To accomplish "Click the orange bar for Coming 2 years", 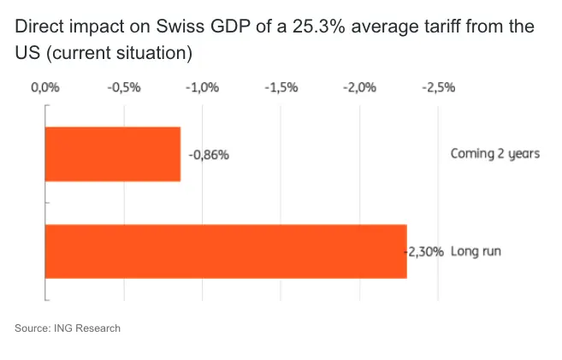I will pos(112,154).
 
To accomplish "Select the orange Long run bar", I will pos(225,251).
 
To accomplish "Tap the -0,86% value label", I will pos(210,155).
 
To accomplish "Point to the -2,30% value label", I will pos(424,252).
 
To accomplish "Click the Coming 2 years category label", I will pos(495,154).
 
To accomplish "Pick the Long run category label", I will pos(476,252).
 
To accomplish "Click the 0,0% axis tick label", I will pos(44,87).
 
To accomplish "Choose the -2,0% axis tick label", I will pos(359,87).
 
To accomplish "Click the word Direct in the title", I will pos(38,27).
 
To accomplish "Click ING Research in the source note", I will pos(90,328).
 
